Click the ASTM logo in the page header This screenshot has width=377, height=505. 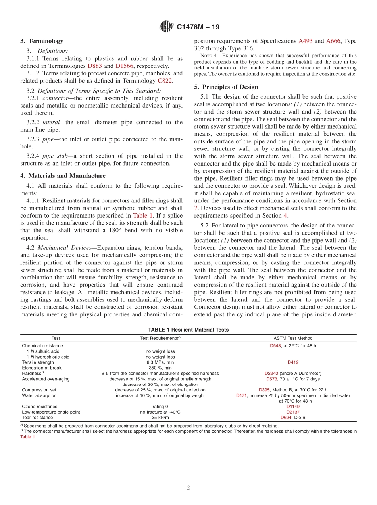tap(166, 27)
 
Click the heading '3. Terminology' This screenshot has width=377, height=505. tap(42, 41)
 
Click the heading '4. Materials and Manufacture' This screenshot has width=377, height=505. tap(63, 176)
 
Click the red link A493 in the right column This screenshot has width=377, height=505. tap(305, 41)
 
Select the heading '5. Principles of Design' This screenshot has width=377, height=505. tap(226, 87)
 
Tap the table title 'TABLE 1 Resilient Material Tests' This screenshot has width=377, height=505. tap(188, 330)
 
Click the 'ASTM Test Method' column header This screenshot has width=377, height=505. tap(293, 338)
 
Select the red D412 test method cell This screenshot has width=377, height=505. tap(293, 362)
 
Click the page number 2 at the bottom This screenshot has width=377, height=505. tap(188, 488)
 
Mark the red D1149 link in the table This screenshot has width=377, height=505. tap(293, 407)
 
